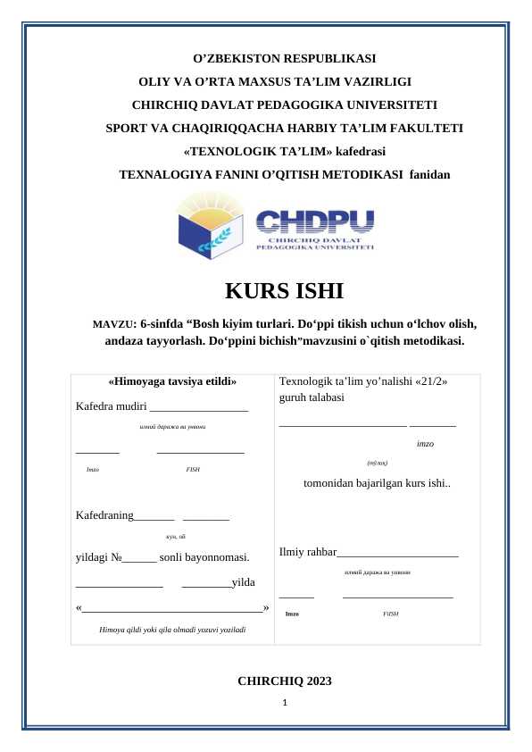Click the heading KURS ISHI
click(284, 291)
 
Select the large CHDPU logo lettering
click(315, 221)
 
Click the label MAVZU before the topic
click(112, 324)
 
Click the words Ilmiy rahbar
click(308, 553)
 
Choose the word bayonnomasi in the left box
click(216, 558)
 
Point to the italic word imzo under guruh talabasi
click(425, 443)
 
